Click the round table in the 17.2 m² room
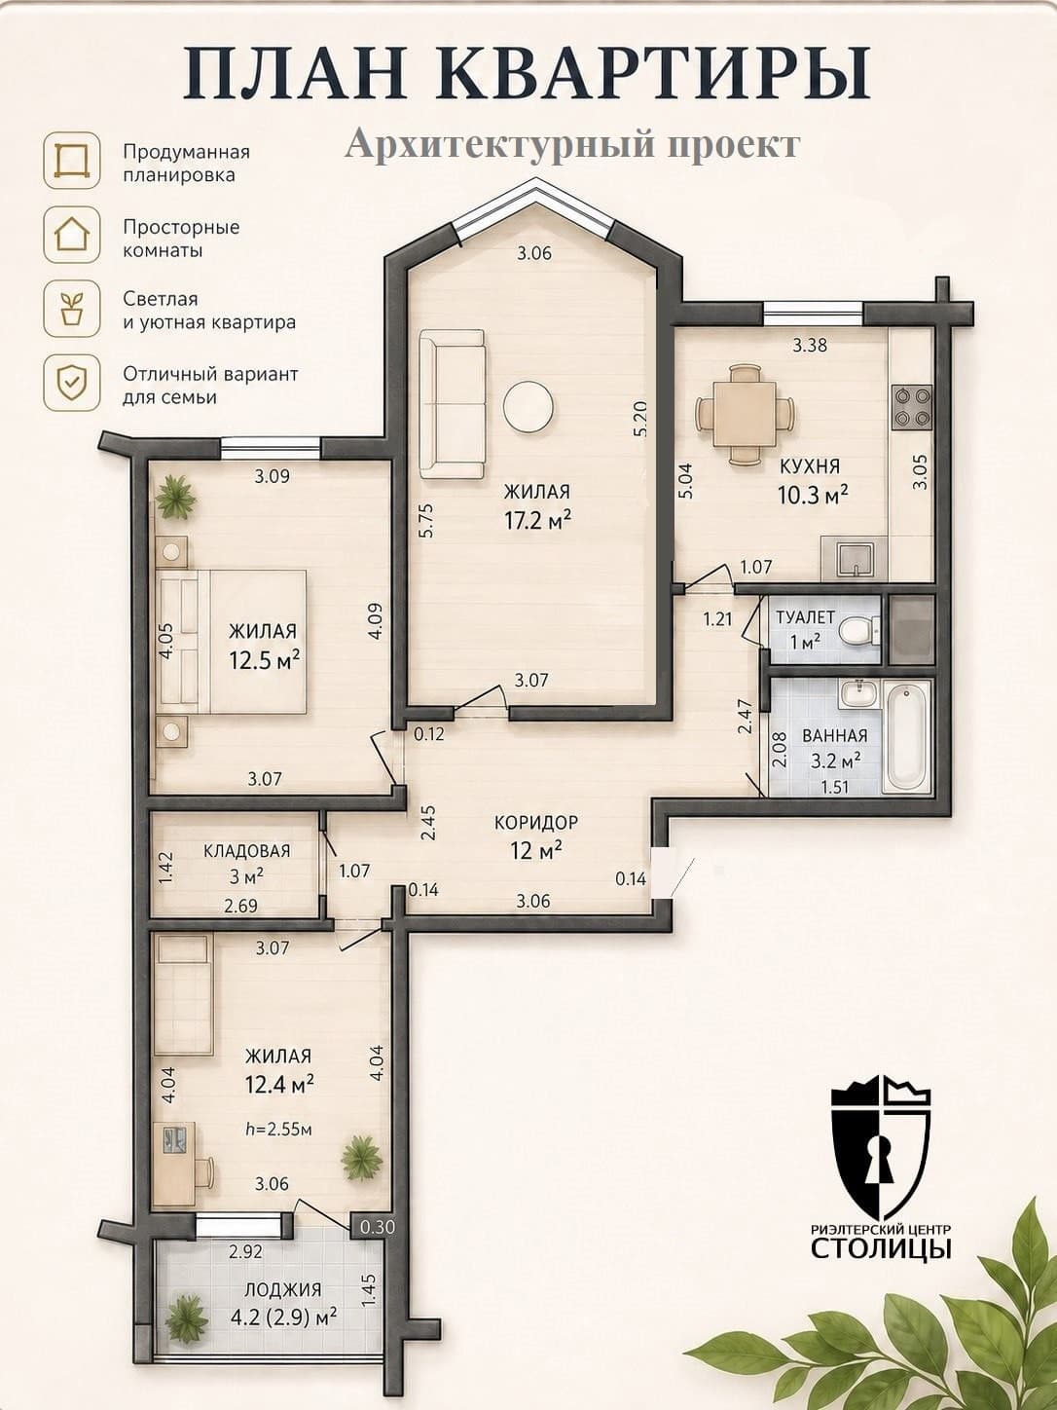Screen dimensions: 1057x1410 point(528,406)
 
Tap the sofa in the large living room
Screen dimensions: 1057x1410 point(452,404)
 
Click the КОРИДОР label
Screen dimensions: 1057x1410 point(536,822)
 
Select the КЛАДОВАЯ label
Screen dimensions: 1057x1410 point(247,850)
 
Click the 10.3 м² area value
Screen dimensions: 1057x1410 point(813,495)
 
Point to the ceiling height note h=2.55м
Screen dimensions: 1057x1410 point(278,1128)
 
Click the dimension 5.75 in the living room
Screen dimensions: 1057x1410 point(427,520)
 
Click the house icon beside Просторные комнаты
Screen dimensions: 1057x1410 point(72,235)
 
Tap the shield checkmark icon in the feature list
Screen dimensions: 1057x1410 point(72,383)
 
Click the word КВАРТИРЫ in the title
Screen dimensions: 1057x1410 point(655,73)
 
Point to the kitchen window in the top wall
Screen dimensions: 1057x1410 point(813,314)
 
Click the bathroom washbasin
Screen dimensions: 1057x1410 point(857,694)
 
